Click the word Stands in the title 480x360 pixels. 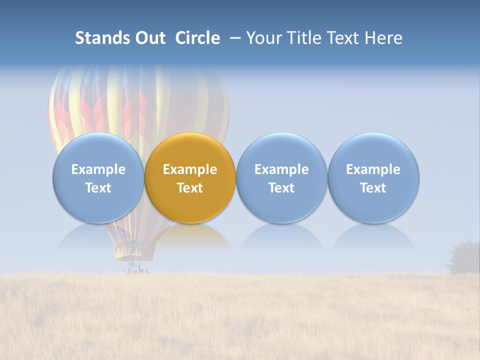tap(101, 38)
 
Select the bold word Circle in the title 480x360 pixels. tap(197, 38)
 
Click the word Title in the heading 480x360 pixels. tap(305, 38)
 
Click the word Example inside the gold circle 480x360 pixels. tap(190, 169)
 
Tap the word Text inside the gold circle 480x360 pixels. tap(190, 188)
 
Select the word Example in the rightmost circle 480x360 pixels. tap(373, 169)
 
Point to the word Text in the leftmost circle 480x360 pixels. tap(98, 188)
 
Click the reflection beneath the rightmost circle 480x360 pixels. tap(373, 239)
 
